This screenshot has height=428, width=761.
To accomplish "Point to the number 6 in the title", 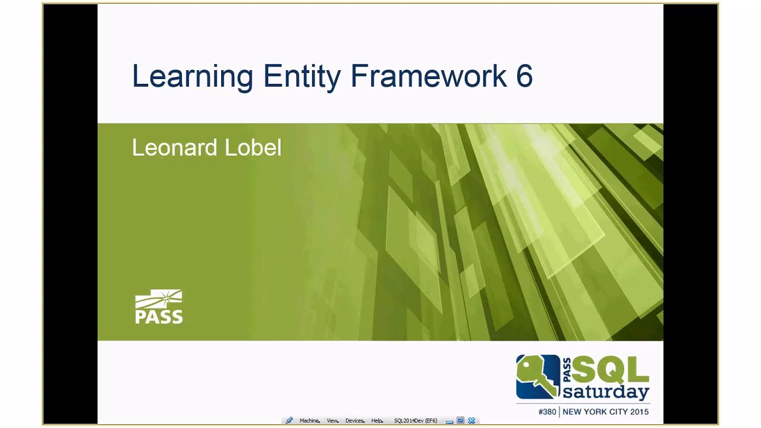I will (x=524, y=76).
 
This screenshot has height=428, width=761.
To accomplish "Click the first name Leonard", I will (x=174, y=148).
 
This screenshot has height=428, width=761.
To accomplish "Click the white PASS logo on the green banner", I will (x=159, y=307).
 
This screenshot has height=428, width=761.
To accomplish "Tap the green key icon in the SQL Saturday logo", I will (x=537, y=377).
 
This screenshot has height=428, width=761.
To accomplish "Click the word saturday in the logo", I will (x=605, y=392).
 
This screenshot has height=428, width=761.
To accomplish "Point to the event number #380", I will (x=547, y=411).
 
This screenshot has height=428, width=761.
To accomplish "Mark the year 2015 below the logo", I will (x=639, y=411).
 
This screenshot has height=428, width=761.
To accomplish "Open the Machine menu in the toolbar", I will (x=309, y=421).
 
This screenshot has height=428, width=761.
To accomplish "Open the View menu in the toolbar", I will (x=332, y=421).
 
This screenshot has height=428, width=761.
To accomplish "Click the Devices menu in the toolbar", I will (x=355, y=421).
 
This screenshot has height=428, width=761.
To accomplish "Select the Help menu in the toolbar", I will (x=377, y=421).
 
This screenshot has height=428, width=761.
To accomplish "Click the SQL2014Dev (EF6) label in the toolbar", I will (x=416, y=421).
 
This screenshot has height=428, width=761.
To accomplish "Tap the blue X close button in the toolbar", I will (x=471, y=420).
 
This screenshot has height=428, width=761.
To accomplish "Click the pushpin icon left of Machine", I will (x=289, y=420).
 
